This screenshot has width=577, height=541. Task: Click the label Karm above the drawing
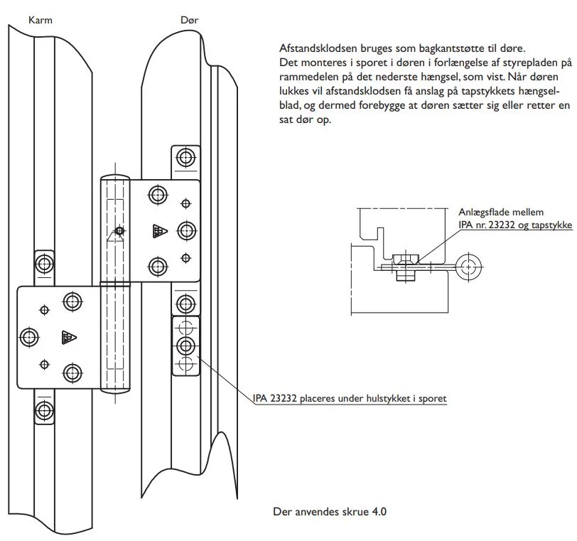tap(40, 21)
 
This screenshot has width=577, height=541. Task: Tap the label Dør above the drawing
tap(189, 21)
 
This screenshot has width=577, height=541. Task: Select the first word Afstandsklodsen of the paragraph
tap(317, 49)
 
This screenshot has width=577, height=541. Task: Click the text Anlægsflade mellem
tap(501, 212)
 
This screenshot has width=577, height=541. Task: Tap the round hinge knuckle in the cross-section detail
tap(467, 267)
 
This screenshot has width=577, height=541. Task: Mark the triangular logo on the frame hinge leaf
tap(69, 337)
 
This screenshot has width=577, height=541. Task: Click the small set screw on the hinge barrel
tap(120, 230)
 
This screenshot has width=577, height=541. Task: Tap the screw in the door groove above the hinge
tap(185, 156)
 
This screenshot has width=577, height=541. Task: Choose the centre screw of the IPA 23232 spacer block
tap(185, 346)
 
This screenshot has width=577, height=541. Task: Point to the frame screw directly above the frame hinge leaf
tap(44, 263)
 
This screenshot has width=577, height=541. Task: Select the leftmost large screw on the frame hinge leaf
tap(29, 336)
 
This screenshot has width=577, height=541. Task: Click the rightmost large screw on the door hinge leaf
tap(185, 230)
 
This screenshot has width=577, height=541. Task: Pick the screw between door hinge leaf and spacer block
tap(185, 304)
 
